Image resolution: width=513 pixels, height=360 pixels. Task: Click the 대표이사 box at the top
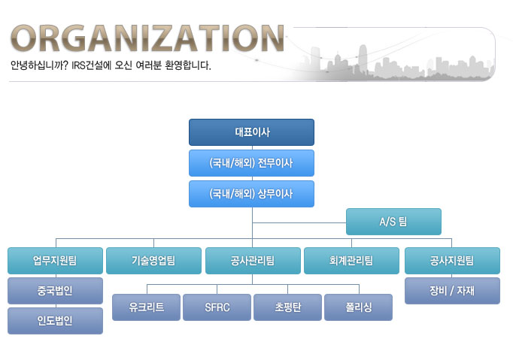pos(251,132)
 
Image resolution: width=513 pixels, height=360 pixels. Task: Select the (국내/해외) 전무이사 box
pos(251,163)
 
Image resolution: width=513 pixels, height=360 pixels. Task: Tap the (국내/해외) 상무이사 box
pos(251,194)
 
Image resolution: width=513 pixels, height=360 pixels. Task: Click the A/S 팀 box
pos(393,222)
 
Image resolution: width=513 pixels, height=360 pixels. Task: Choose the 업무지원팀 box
pos(56,261)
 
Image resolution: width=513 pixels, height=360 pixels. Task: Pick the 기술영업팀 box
pos(153,261)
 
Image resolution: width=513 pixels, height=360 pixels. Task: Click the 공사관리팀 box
pos(253,261)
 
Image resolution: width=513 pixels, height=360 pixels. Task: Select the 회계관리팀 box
pos(352,261)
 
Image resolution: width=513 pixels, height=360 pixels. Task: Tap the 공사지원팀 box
pos(452,261)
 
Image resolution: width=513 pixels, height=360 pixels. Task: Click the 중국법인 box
pos(56,291)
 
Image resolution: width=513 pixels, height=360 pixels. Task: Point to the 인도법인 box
pos(56,321)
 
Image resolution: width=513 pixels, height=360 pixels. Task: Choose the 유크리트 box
pos(146,307)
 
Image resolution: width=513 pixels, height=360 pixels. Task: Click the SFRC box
pos(217,307)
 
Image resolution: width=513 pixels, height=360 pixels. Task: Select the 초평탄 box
pos(287,307)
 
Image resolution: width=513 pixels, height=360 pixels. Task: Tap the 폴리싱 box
pos(358,307)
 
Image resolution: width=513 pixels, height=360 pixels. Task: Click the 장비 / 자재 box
pos(452,291)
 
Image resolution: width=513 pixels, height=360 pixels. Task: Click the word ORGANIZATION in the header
pos(147,38)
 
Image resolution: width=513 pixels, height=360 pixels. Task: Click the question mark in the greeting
pos(65,65)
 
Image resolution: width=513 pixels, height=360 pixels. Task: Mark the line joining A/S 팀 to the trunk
pos(299,222)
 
